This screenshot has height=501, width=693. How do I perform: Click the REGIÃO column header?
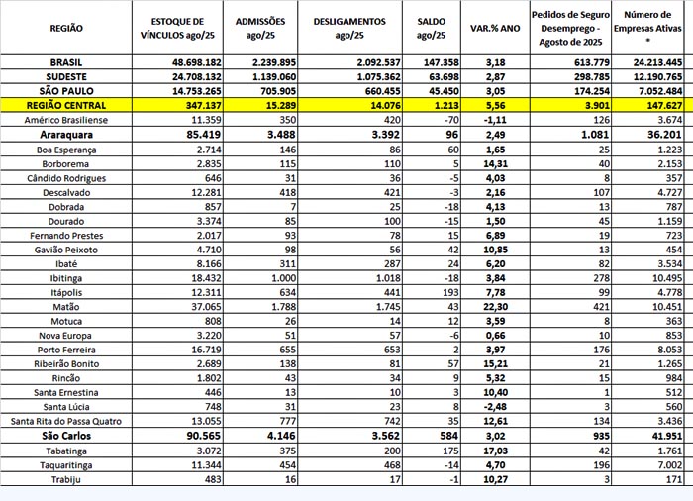point(65,29)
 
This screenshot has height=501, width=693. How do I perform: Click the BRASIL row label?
point(65,62)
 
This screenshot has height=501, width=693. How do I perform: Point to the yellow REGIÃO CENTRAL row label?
point(65,104)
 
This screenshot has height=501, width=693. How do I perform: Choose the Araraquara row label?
point(65,132)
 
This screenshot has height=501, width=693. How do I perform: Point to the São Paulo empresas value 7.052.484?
point(650,90)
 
